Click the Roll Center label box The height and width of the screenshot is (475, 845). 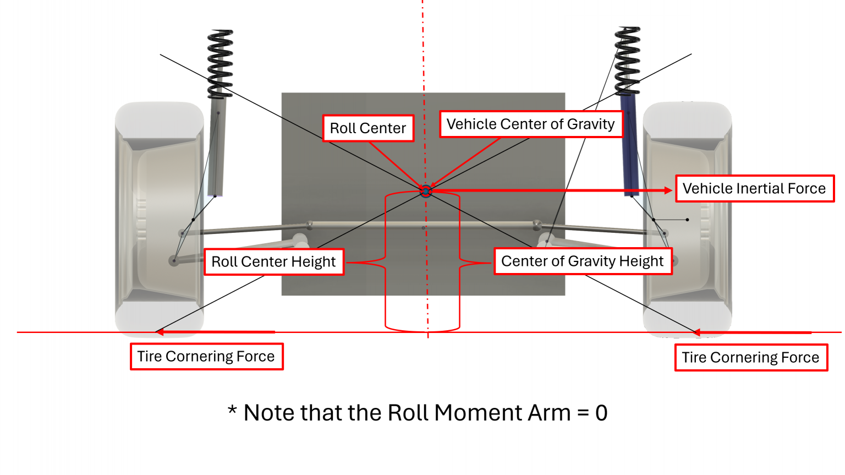[x=368, y=128]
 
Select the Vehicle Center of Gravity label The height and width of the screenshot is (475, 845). [x=530, y=124]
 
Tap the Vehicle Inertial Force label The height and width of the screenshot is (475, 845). [x=754, y=189]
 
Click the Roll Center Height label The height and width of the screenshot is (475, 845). [x=273, y=261]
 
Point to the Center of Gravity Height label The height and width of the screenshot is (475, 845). [x=583, y=261]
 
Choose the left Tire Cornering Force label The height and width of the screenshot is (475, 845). [x=206, y=357]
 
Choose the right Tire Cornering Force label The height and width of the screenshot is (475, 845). [x=751, y=358]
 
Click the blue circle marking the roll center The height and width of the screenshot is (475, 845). [x=426, y=191]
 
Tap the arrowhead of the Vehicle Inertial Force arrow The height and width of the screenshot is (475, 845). [x=668, y=190]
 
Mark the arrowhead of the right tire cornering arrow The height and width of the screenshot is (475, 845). [x=697, y=332]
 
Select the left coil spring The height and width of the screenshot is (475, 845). [x=220, y=63]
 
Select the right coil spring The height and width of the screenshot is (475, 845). [x=627, y=61]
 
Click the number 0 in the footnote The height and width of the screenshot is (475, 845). [x=601, y=413]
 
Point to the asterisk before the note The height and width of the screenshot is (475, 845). [x=232, y=410]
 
